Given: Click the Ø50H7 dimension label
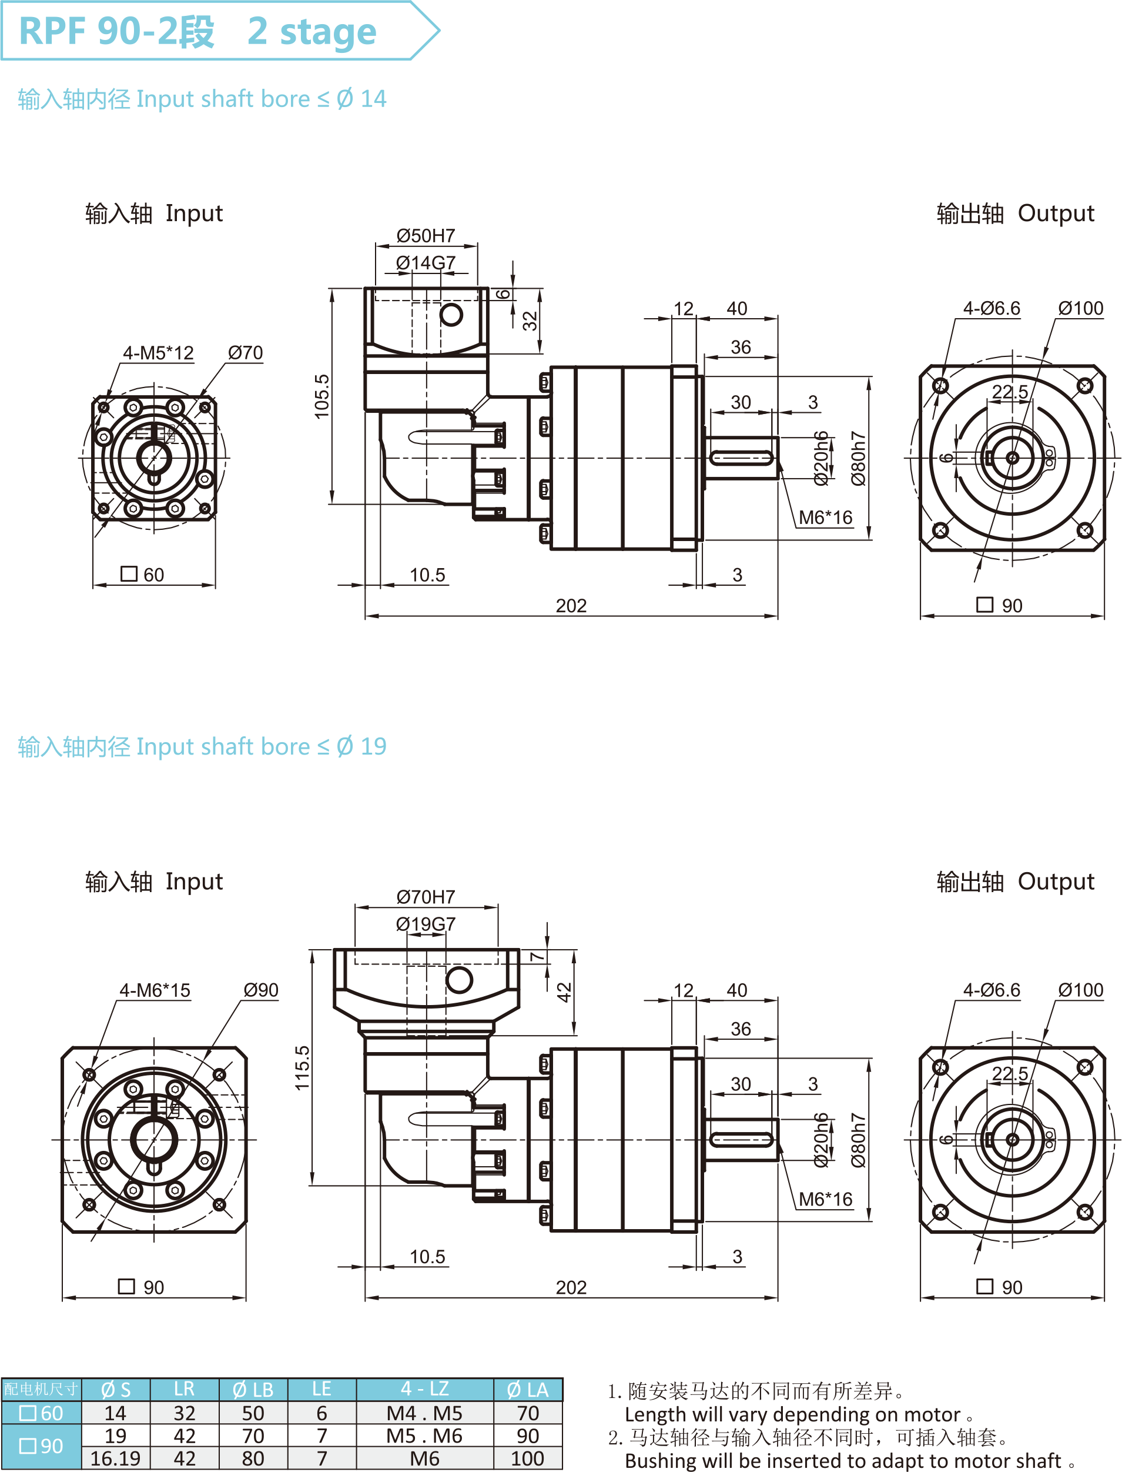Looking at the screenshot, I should [426, 236].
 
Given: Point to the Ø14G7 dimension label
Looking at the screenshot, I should [426, 263].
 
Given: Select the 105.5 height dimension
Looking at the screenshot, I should [322, 396].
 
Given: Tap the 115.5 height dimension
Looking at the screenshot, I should [303, 1068].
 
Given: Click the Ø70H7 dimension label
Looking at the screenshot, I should [426, 897].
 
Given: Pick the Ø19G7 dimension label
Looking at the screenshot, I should [426, 923].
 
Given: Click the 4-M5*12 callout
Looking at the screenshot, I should [158, 353].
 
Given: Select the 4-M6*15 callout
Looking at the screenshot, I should [155, 990].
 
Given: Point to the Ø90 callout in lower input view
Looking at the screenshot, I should [260, 990].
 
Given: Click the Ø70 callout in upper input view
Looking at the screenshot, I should [245, 353].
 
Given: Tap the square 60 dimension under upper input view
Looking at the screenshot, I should [143, 575].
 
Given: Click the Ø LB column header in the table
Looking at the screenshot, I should [253, 1390].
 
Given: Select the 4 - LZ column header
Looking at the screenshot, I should [425, 1389].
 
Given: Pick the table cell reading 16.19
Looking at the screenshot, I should [116, 1458].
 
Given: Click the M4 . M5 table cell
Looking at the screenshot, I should [425, 1413].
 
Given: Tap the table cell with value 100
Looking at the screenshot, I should [528, 1458].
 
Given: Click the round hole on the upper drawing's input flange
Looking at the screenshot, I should [451, 314].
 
